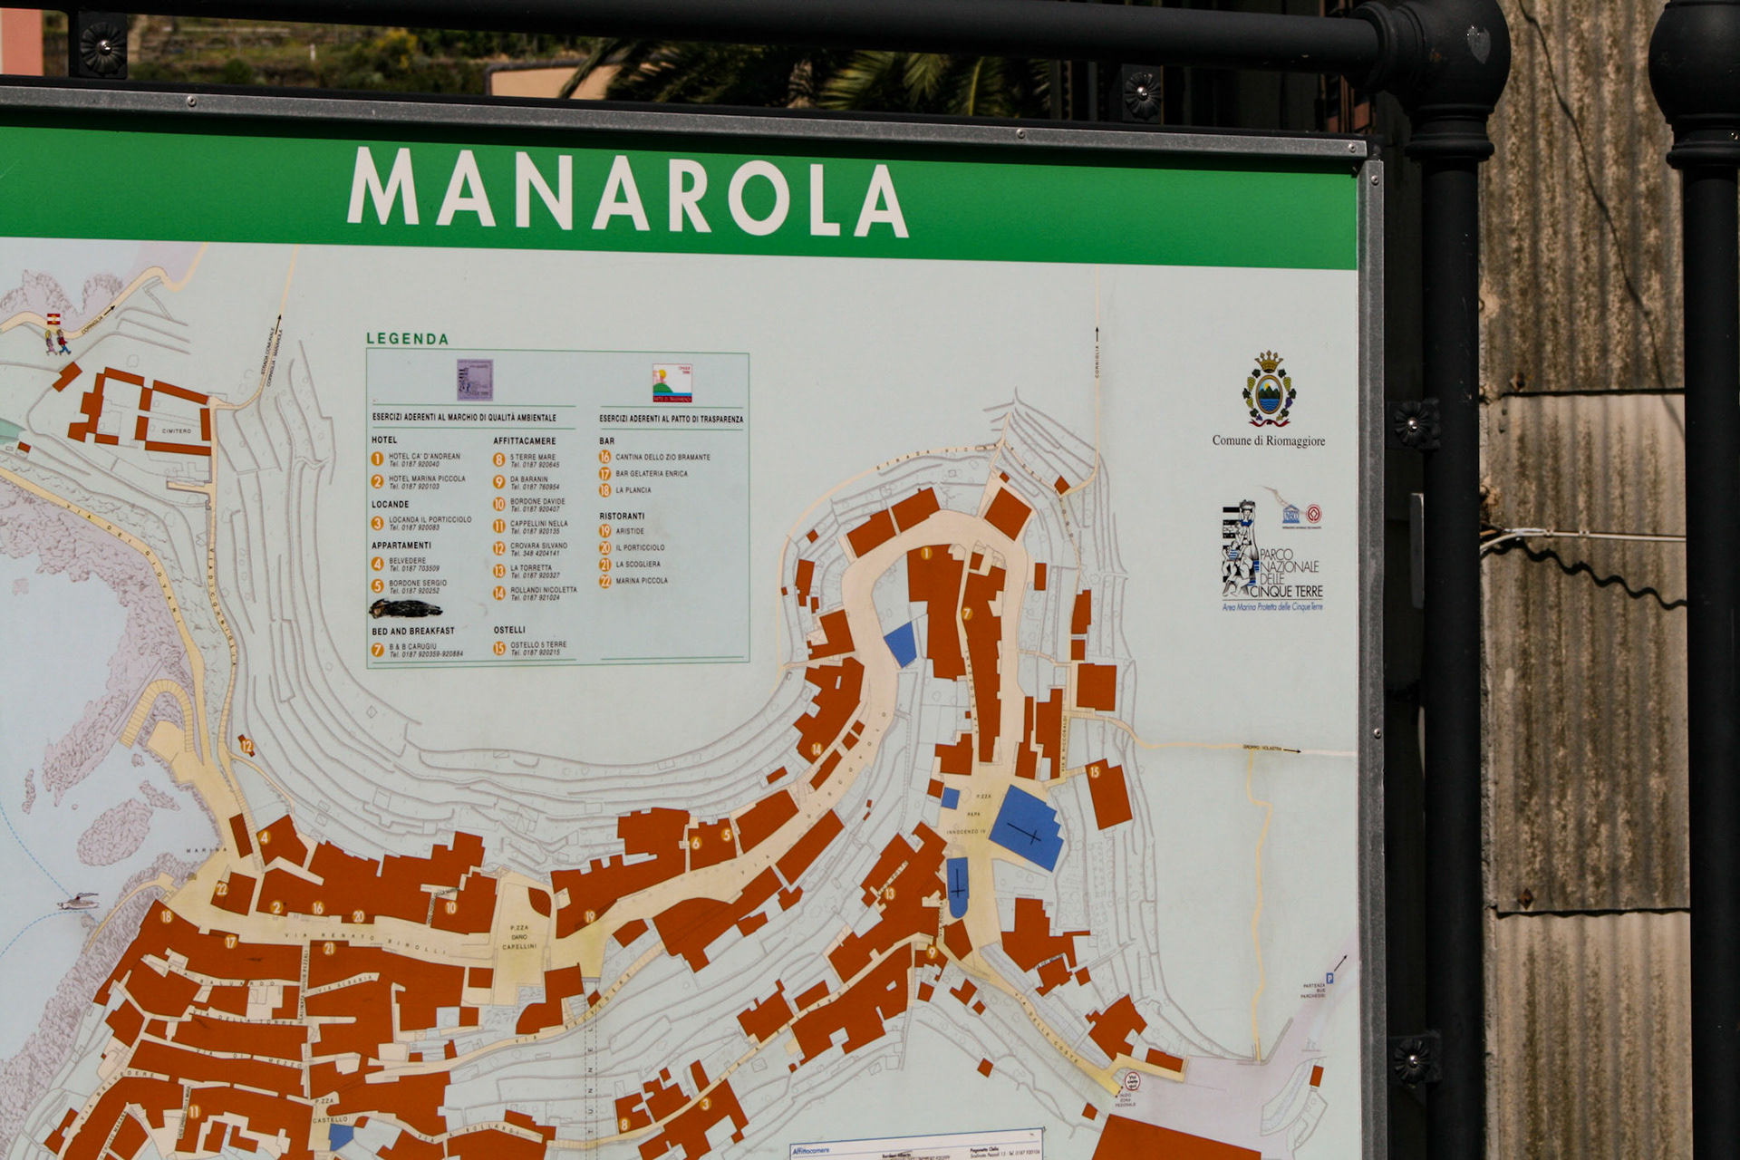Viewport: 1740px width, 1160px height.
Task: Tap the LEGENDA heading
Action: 407,339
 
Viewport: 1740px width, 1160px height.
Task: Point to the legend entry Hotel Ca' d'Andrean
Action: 423,459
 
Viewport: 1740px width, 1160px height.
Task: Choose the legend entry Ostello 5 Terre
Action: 537,648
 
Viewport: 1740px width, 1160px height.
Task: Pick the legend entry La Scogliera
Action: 637,565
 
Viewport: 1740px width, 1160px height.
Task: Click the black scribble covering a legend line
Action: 405,608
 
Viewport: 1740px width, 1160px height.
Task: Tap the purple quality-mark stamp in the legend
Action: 474,379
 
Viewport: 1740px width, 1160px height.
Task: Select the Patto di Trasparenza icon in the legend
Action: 672,382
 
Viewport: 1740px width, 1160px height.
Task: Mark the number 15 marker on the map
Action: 1095,772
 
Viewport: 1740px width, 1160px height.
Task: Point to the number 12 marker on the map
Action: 246,747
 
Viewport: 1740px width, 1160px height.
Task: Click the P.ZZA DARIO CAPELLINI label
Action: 519,937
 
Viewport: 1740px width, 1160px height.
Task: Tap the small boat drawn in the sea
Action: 79,901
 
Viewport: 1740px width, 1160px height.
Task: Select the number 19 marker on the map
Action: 590,916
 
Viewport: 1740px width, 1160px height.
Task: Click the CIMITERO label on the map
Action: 177,431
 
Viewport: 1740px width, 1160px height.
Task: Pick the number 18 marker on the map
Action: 167,916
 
